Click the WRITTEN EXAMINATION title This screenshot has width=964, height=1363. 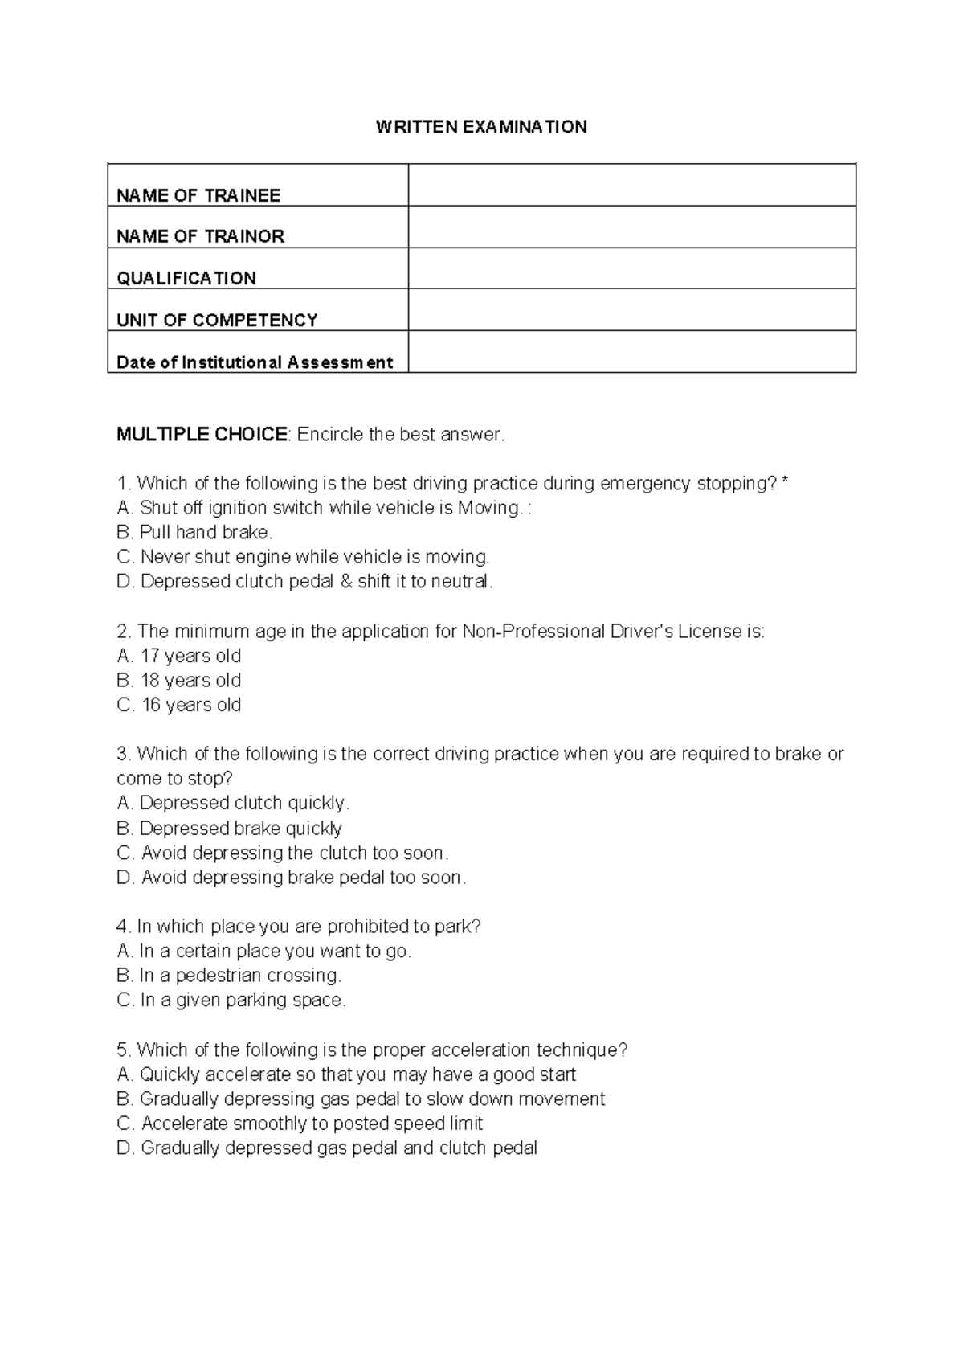coord(481,127)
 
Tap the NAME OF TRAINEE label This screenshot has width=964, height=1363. coord(198,195)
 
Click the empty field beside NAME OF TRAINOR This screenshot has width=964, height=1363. coord(631,227)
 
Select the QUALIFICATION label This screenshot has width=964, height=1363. coord(186,278)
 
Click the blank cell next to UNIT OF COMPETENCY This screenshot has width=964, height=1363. coord(631,310)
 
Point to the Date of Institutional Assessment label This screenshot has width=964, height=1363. coord(255,362)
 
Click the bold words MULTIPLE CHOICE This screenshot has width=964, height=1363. coord(202,435)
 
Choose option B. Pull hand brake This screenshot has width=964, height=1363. coord(195,532)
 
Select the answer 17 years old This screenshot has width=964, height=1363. coord(179,656)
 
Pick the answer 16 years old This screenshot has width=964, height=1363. coord(179,705)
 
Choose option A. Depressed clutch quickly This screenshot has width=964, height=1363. coord(233,803)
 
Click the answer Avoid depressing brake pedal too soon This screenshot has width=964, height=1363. coord(291,878)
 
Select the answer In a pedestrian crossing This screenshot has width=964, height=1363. coord(229,976)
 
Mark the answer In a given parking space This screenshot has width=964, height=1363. coord(231,1001)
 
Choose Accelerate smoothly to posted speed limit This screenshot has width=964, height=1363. coord(300,1124)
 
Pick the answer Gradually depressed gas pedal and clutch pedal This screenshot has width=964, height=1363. coord(327,1148)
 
